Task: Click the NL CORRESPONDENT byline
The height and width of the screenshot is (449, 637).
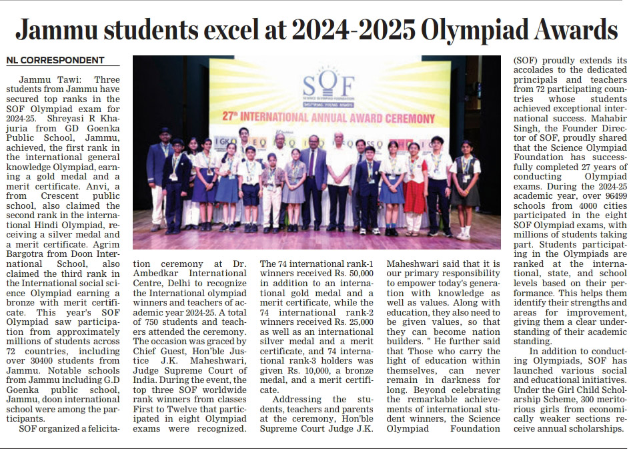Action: [55, 60]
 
